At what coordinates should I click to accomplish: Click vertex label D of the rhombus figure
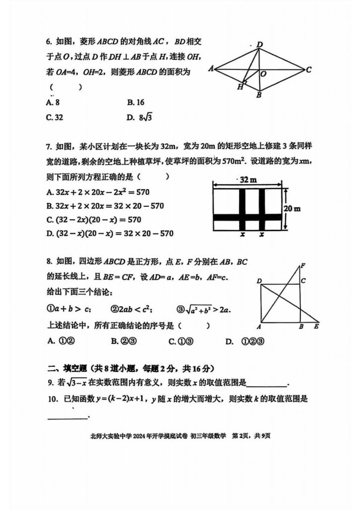click(x=259, y=45)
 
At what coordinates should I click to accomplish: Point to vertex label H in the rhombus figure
click(x=240, y=86)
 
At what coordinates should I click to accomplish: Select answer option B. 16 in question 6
click(x=135, y=102)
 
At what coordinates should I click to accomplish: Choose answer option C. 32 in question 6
click(x=54, y=118)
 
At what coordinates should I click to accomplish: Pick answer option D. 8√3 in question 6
click(x=139, y=118)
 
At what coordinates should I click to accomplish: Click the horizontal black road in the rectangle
click(x=248, y=217)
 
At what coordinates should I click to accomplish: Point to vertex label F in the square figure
click(x=303, y=265)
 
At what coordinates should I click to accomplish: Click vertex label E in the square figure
click(x=316, y=327)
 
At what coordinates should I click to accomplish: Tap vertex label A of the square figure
click(x=259, y=327)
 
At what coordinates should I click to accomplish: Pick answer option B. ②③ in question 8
click(x=121, y=341)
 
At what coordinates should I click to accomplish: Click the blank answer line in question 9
click(x=267, y=384)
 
